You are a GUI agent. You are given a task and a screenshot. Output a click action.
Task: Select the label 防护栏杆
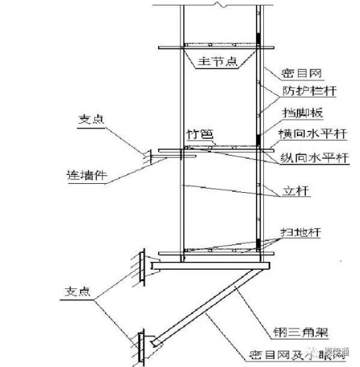pyautogui.click(x=300, y=93)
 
